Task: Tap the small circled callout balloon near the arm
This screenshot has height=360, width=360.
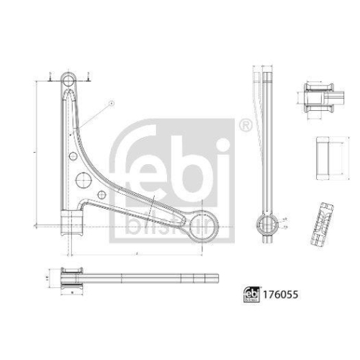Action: coord(112,104)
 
